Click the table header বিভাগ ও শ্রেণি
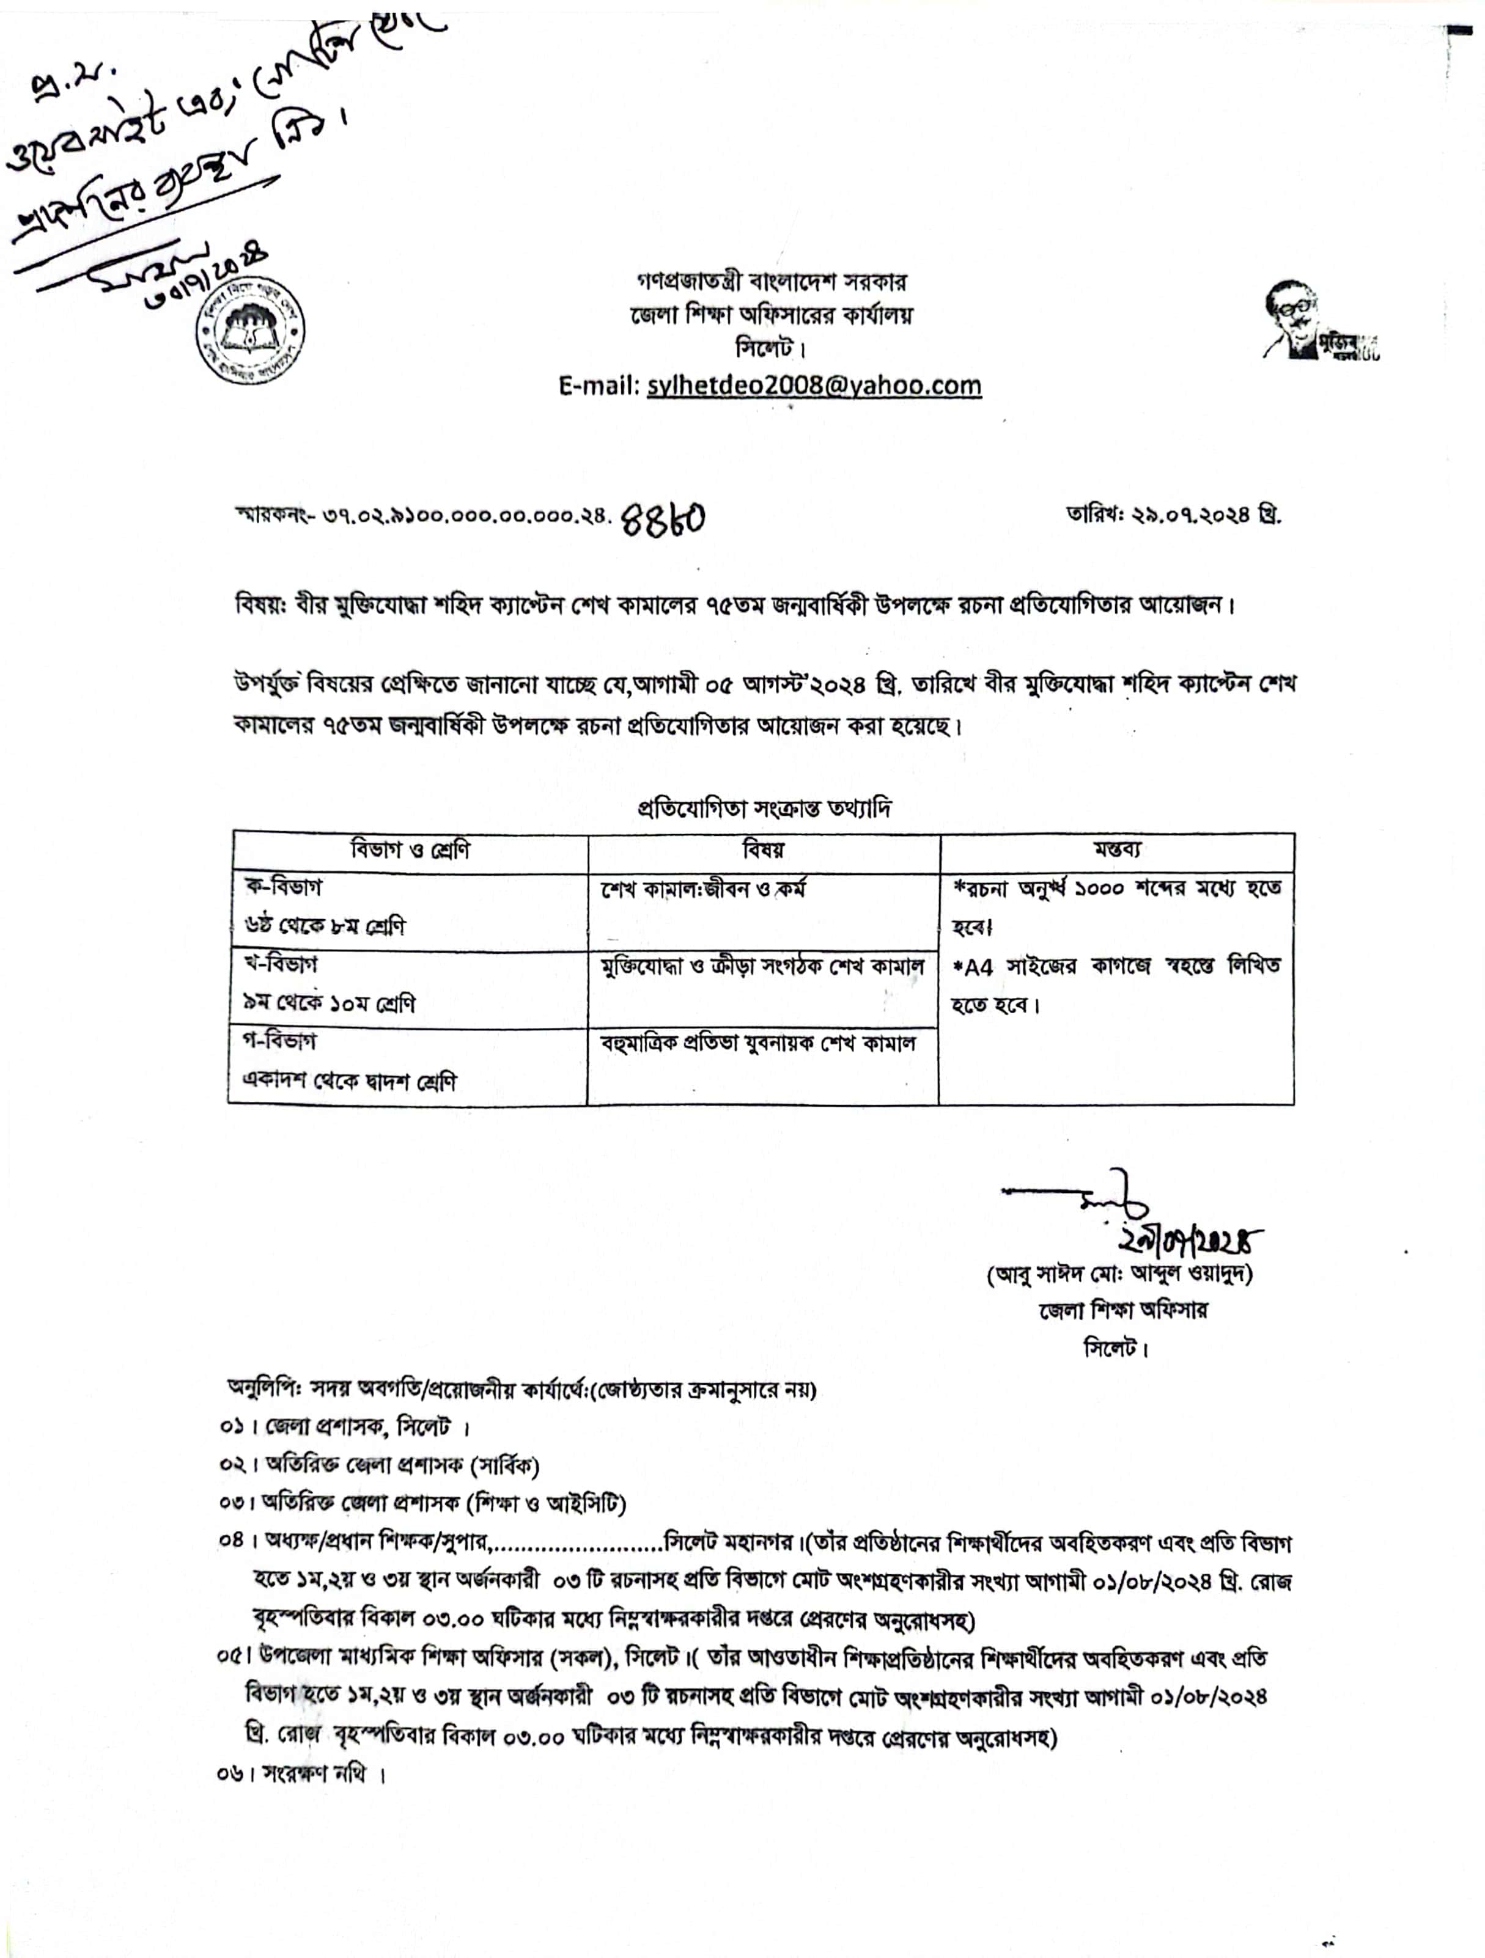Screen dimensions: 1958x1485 pyautogui.click(x=410, y=851)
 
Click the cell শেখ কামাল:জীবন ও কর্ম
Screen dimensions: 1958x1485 pyautogui.click(x=703, y=889)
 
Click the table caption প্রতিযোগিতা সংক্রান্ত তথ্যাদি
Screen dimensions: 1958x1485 pyautogui.click(x=764, y=808)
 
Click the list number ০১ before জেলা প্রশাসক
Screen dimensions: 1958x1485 pyautogui.click(x=231, y=1428)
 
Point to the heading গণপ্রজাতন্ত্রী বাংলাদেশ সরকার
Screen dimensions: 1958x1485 pyautogui.click(x=772, y=282)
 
